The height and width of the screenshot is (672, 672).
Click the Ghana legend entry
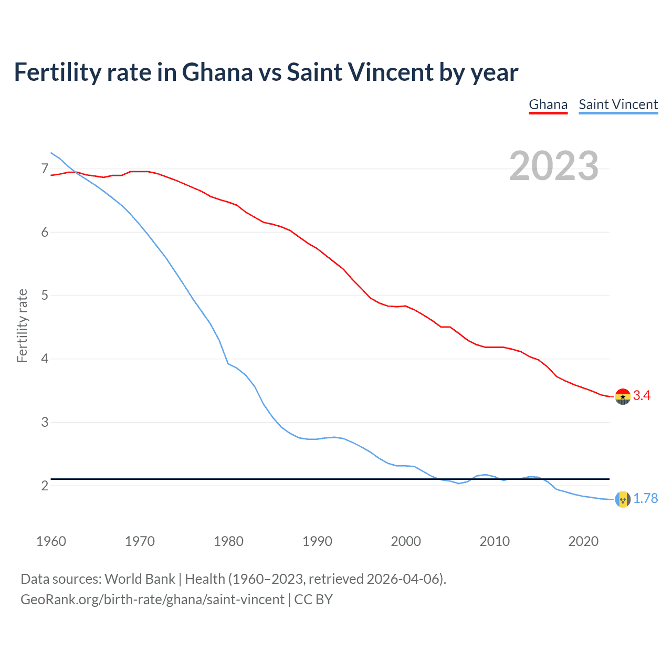(548, 104)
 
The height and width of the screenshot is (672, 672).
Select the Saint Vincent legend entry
(618, 104)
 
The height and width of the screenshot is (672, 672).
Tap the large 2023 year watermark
(553, 166)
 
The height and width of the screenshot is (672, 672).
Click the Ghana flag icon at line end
(623, 396)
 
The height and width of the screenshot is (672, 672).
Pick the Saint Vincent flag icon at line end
(623, 499)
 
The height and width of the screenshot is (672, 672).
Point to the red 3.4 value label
(642, 396)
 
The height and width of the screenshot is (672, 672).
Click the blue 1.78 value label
(645, 498)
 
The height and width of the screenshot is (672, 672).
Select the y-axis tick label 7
(45, 169)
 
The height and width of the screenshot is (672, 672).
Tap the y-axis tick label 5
(45, 296)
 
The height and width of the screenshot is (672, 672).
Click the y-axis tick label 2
(45, 486)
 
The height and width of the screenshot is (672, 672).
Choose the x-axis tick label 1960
(51, 541)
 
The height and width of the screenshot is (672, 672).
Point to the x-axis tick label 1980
(228, 541)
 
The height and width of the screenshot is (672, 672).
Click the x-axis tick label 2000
(406, 541)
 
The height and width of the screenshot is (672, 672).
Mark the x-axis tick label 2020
(583, 541)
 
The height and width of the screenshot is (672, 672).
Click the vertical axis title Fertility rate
(22, 325)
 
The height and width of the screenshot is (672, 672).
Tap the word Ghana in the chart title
(217, 72)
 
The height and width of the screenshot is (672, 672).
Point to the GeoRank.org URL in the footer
(152, 600)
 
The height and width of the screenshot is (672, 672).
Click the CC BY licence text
(313, 600)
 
